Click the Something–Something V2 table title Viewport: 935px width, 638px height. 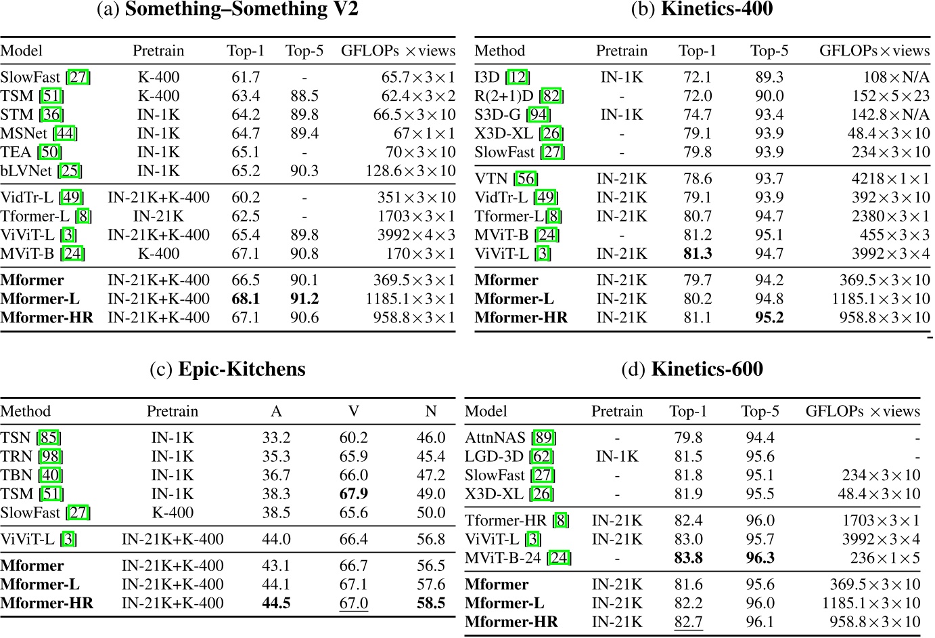(x=227, y=9)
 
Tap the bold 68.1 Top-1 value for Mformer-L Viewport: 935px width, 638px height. (x=246, y=299)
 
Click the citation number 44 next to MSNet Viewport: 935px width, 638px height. (x=66, y=133)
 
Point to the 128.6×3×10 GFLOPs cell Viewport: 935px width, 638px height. (x=411, y=171)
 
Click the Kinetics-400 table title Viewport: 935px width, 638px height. (x=702, y=9)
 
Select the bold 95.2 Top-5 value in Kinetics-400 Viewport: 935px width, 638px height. (x=769, y=318)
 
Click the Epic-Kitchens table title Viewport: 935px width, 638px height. (x=227, y=369)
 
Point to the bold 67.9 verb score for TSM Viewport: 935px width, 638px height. (x=354, y=494)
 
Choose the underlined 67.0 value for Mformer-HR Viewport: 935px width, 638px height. (x=354, y=603)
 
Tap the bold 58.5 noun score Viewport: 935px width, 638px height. (x=431, y=603)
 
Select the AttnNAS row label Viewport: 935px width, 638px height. (x=496, y=438)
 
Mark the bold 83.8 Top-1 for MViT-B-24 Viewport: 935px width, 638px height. (x=689, y=558)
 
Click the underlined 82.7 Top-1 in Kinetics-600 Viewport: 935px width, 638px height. (x=689, y=622)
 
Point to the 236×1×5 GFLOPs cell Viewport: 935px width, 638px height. (x=885, y=558)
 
